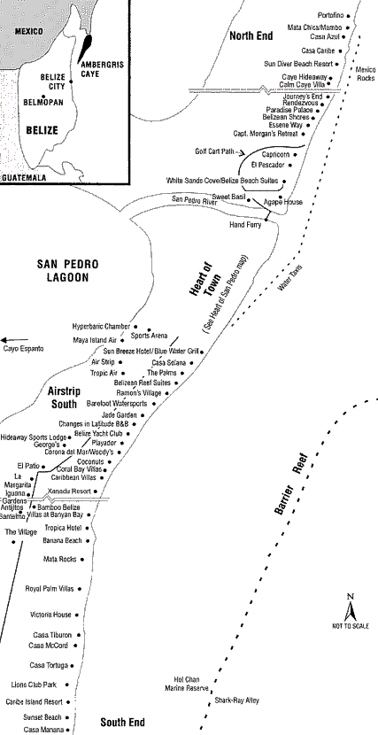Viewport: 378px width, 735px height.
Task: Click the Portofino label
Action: (x=330, y=15)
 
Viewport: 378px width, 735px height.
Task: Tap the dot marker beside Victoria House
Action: (x=77, y=615)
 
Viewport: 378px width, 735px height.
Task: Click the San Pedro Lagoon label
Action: (x=68, y=270)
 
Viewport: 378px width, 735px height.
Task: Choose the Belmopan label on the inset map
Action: (x=44, y=102)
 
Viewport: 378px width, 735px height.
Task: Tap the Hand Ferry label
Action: (x=245, y=225)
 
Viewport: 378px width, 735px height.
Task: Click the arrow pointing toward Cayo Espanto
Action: (x=14, y=340)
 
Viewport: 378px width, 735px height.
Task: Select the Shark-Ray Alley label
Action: (x=236, y=700)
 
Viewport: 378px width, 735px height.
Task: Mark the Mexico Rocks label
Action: (x=366, y=74)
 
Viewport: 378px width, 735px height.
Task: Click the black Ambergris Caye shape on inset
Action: (x=85, y=48)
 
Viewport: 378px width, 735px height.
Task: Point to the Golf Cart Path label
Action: (x=216, y=152)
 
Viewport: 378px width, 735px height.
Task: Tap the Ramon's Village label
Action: (x=139, y=393)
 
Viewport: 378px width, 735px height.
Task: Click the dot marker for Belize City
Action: (x=71, y=81)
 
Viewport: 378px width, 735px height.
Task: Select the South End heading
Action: (x=123, y=723)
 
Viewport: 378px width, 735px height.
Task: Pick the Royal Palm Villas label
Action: (x=50, y=589)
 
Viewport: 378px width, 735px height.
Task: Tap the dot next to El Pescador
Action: (x=290, y=165)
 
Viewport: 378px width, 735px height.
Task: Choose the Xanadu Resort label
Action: (x=69, y=491)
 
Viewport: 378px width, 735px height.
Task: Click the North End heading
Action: (x=251, y=36)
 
